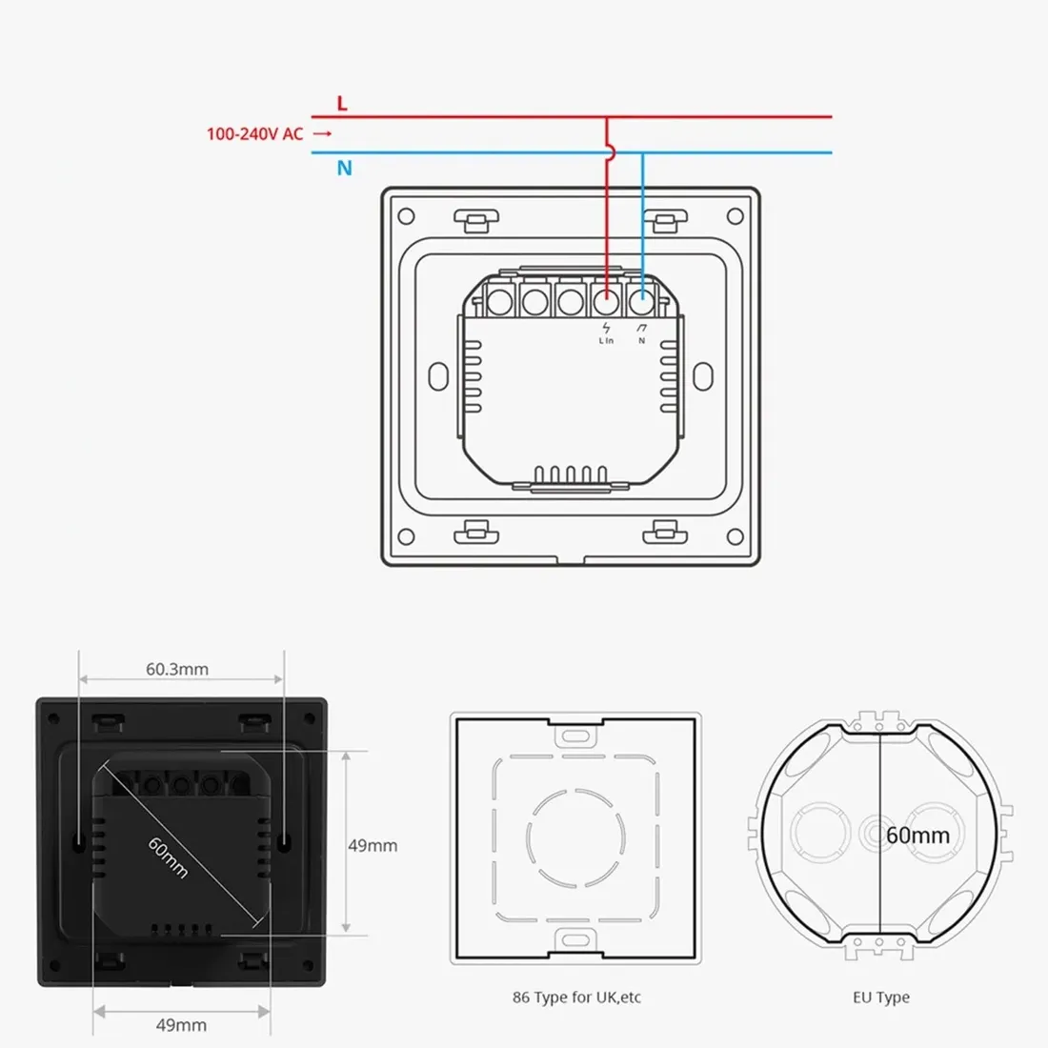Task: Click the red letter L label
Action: coord(342,103)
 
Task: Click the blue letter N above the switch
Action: coord(344,169)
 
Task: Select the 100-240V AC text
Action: coord(254,134)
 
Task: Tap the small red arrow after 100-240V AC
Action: coord(323,134)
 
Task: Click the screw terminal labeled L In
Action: coord(606,302)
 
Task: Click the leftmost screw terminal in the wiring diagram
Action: coord(497,302)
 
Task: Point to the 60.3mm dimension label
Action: coord(177,669)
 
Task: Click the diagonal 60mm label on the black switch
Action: coord(168,857)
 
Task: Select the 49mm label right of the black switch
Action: coord(373,845)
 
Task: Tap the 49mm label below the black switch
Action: coord(181,1025)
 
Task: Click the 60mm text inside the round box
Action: coord(917,836)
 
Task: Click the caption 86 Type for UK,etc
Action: coord(576,998)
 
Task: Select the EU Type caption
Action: coord(880,998)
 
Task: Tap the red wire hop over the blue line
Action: coord(608,151)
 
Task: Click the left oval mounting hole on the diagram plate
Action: coord(438,375)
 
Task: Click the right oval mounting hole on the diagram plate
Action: coord(703,375)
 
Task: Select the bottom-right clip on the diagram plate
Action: coord(664,532)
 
